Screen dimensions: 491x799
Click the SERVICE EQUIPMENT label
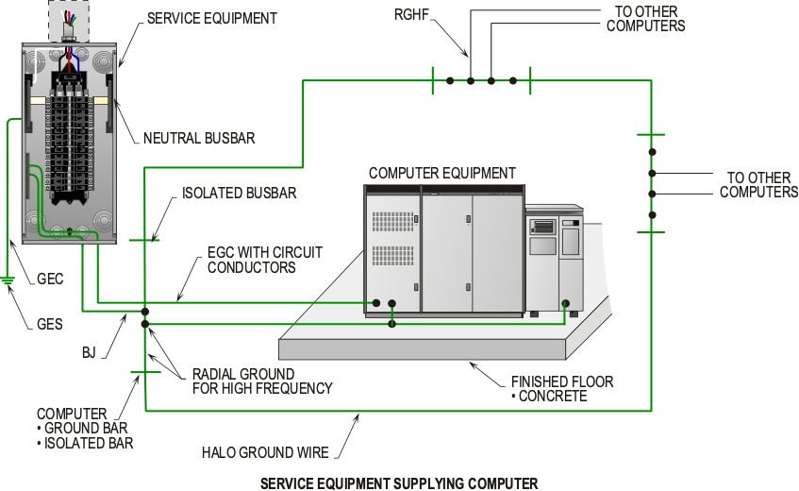pos(212,18)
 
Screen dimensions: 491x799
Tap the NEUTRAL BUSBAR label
pos(198,138)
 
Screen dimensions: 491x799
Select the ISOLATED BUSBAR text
pos(239,194)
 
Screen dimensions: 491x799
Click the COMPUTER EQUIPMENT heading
pos(441,173)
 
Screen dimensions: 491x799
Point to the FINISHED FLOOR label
pos(562,381)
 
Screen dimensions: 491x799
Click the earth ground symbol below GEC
pos(8,279)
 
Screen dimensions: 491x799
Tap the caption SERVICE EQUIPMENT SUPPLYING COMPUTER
pos(399,483)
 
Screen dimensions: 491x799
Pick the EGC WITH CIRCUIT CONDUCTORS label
pos(264,260)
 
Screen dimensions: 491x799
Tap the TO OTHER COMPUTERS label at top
pos(645,19)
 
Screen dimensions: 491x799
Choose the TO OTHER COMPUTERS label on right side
pos(758,184)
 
